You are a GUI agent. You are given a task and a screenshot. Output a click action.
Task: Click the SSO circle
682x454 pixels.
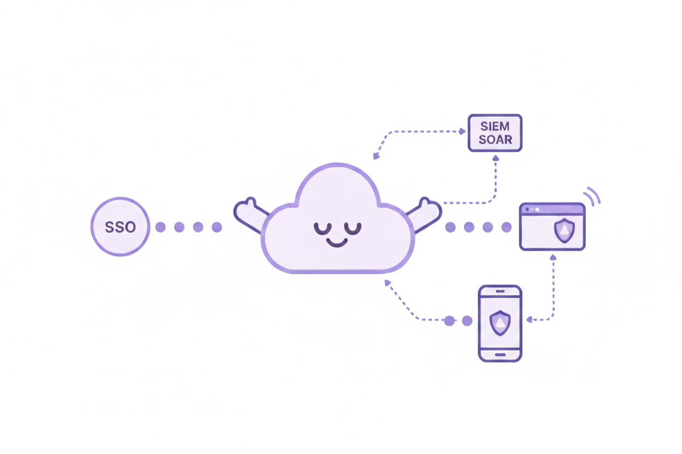(x=120, y=226)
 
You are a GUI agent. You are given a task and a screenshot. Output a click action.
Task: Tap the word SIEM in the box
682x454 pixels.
(x=495, y=127)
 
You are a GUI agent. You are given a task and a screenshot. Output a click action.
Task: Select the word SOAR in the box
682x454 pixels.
(x=495, y=140)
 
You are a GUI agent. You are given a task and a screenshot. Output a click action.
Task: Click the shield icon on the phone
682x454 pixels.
(x=500, y=322)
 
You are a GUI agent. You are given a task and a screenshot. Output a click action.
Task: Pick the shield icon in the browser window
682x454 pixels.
(x=564, y=231)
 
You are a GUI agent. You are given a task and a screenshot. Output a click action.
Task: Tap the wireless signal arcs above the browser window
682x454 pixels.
(x=592, y=195)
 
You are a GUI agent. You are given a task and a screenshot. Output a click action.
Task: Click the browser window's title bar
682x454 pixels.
(x=552, y=209)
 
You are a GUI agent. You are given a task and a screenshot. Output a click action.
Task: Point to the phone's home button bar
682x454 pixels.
(x=500, y=355)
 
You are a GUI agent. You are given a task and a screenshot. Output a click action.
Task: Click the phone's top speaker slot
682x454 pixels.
(x=500, y=291)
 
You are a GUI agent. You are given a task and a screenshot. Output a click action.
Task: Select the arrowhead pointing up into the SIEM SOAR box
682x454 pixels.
(x=496, y=158)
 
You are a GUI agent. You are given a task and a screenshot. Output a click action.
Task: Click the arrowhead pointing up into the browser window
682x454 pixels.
(x=553, y=256)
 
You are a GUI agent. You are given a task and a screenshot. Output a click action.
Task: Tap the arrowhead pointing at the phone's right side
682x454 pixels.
(x=528, y=319)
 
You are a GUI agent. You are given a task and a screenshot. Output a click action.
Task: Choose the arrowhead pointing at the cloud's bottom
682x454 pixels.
(x=387, y=283)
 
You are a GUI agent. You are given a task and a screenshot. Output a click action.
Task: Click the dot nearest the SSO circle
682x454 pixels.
(x=160, y=227)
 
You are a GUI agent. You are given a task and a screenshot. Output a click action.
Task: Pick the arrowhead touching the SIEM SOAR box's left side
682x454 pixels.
(x=462, y=131)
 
